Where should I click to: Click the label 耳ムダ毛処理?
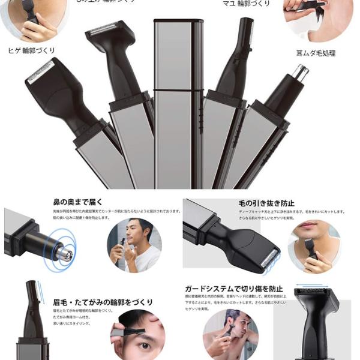(316, 53)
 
